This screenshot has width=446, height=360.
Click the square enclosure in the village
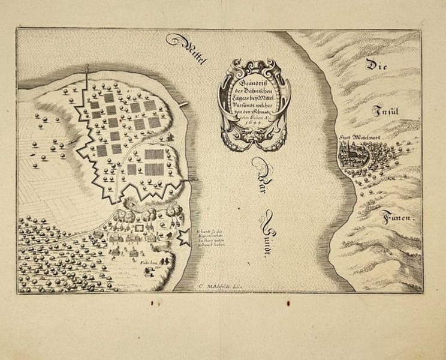click(x=141, y=228)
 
